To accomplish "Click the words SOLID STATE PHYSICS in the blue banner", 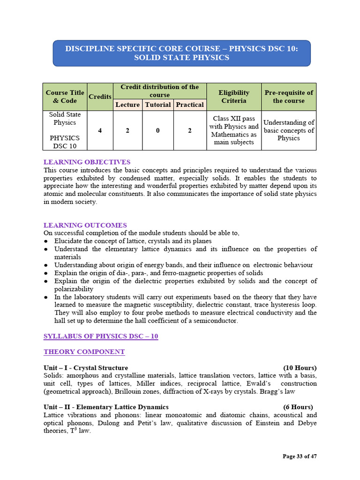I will [x=181, y=58].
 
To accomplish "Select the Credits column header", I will [x=100, y=97].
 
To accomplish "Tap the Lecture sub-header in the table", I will [x=127, y=105].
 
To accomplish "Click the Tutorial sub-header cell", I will [x=158, y=105].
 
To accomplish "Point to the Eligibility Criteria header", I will [x=234, y=97].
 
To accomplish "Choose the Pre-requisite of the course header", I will [x=289, y=97].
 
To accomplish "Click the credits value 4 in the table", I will [x=100, y=130].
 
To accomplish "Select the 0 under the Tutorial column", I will [x=158, y=130].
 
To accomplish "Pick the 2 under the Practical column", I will [x=190, y=130].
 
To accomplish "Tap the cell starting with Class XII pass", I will [x=234, y=130].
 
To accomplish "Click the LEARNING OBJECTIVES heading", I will [x=87, y=162].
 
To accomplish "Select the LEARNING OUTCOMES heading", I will [x=85, y=225].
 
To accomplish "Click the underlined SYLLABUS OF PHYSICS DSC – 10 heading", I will [x=100, y=337].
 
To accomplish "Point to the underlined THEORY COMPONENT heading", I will [x=84, y=352].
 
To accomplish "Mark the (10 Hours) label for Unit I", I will [x=300, y=367].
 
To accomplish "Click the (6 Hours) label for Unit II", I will [x=298, y=407].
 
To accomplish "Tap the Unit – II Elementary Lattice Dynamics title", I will [x=106, y=407].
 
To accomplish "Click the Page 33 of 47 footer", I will [x=300, y=456].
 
